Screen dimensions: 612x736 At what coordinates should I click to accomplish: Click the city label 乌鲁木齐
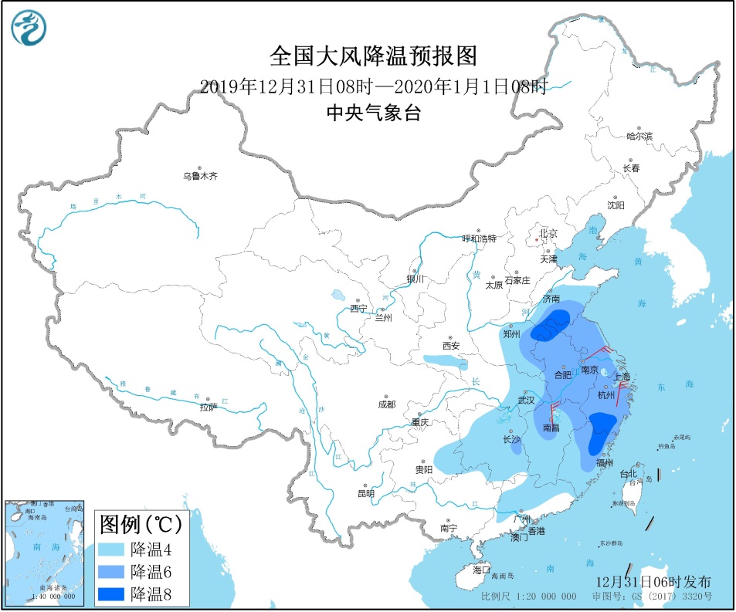[x=200, y=176]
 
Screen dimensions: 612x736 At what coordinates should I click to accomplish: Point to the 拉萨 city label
[x=209, y=407]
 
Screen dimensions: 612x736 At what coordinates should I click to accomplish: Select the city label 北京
[x=548, y=233]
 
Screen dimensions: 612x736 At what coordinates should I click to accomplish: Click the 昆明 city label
[x=365, y=493]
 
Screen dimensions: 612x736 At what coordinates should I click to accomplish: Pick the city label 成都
[x=386, y=404]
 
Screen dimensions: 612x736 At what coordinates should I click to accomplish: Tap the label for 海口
[x=481, y=570]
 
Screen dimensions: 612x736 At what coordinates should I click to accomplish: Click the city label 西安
[x=451, y=345]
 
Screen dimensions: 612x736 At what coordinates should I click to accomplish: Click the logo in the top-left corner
[x=29, y=28]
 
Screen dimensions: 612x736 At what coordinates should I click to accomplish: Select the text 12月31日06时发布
[x=653, y=581]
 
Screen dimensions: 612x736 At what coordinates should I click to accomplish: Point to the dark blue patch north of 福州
[x=601, y=432]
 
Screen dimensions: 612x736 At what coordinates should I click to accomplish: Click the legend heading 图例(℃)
[x=141, y=526]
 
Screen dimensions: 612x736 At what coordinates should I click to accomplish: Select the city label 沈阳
[x=615, y=205]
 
